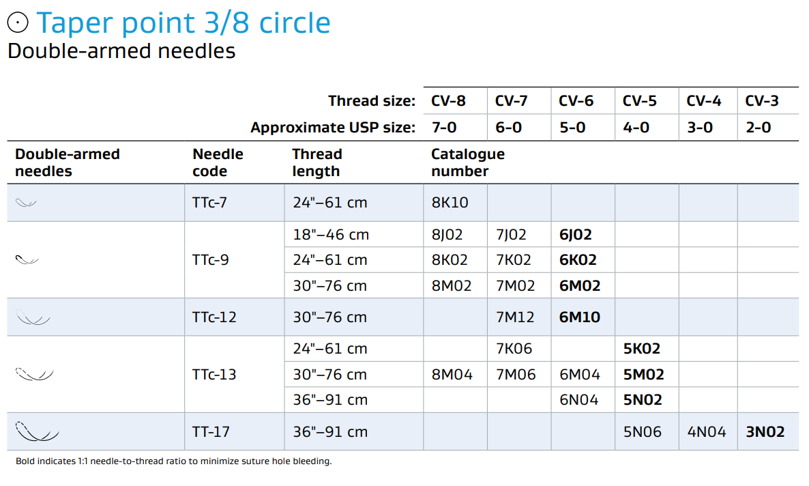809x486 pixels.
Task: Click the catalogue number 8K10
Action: click(450, 203)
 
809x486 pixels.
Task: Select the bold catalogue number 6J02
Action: click(575, 235)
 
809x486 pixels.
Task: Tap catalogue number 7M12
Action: click(515, 317)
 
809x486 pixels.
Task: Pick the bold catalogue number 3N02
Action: click(765, 432)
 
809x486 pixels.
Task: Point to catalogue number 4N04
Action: click(706, 432)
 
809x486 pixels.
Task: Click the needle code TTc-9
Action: click(211, 260)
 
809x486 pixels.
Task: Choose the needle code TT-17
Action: click(211, 432)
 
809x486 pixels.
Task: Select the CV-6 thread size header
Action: click(576, 101)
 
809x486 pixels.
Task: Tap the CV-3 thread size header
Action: click(761, 101)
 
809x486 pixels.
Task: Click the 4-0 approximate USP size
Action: click(636, 128)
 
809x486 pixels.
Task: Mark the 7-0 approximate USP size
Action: click(444, 128)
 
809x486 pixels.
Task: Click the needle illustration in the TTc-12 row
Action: click(33, 318)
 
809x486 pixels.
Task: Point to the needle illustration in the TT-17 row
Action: click(37, 432)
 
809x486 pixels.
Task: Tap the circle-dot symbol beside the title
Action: click(18, 23)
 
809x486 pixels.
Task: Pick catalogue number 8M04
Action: click(452, 375)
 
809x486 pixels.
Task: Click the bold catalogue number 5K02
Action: click(641, 349)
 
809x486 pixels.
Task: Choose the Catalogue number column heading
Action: click(467, 162)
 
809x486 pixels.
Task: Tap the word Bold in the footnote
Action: click(25, 461)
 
